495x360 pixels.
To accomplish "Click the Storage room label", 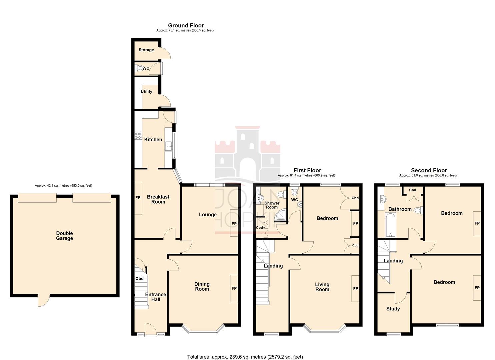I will click(146, 50).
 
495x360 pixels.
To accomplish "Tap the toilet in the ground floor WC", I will click(140, 68).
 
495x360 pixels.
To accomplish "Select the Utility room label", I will click(147, 92).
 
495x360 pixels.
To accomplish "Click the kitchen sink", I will click(169, 145).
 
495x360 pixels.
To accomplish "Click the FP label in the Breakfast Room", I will click(138, 198).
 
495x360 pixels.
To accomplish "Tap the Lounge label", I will click(208, 215).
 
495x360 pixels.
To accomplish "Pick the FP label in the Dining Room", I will click(234, 288).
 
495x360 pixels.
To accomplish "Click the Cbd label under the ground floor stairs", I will click(139, 279).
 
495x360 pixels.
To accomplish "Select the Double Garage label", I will click(64, 236).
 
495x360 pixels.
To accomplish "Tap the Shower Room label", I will click(272, 205).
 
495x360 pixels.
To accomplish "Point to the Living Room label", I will click(322, 287).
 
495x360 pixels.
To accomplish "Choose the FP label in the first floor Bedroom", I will click(355, 224).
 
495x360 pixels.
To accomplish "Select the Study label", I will click(393, 309).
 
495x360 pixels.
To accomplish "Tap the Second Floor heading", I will click(429, 170).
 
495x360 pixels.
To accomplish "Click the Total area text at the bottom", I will click(245, 357).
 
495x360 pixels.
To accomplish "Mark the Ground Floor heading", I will click(186, 25).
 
